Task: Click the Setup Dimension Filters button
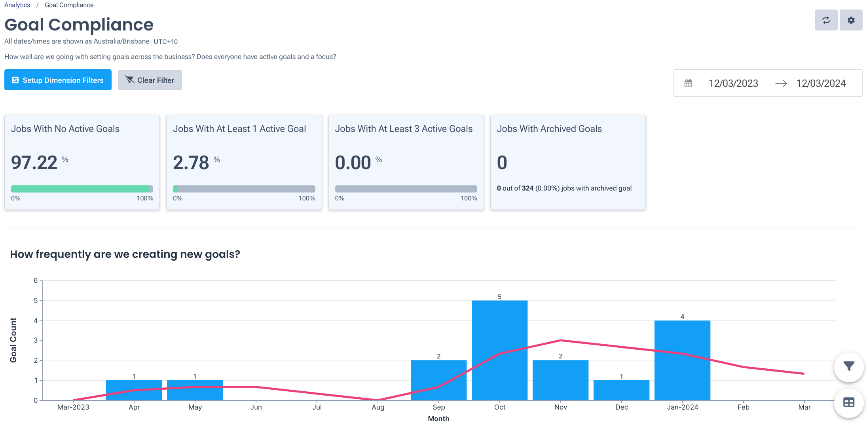click(58, 80)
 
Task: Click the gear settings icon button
click(851, 20)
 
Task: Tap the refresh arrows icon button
click(826, 20)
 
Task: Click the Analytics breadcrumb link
click(17, 5)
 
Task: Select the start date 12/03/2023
click(733, 83)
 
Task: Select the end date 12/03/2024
click(821, 83)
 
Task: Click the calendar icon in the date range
click(688, 83)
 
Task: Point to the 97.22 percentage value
click(34, 162)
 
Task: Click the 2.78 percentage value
click(191, 162)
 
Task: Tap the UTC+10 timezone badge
click(165, 42)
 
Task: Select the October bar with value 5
click(499, 350)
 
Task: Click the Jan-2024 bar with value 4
click(682, 360)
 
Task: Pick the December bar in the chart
click(621, 390)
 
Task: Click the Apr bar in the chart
click(134, 390)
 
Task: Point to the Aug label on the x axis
click(378, 407)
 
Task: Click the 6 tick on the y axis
click(36, 280)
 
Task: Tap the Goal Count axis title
click(13, 340)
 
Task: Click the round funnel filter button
click(848, 367)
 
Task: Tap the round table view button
click(848, 403)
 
